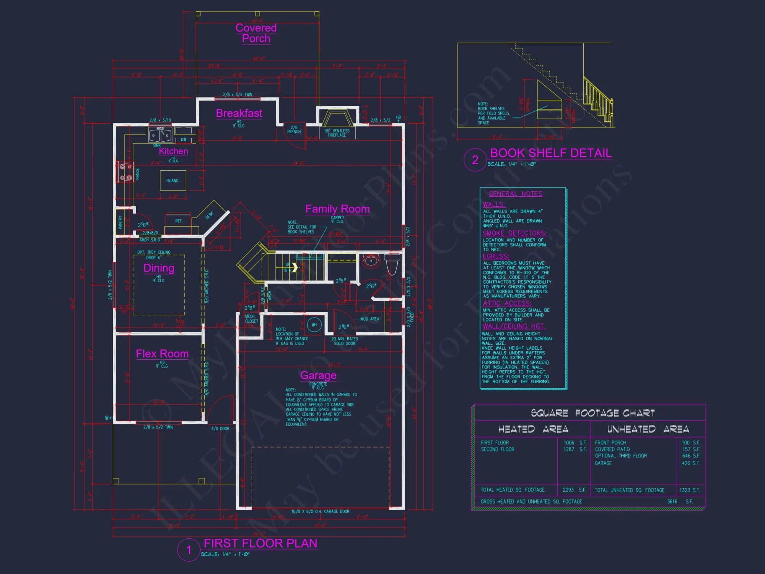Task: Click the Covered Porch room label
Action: click(256, 33)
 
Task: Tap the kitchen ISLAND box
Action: click(173, 181)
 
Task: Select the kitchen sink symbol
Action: click(160, 135)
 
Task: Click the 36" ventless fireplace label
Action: click(337, 133)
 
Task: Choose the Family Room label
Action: click(337, 209)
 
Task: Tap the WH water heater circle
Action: click(314, 325)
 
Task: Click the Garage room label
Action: click(318, 375)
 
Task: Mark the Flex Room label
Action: click(162, 354)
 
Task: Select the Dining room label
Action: click(159, 268)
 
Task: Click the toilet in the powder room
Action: click(392, 264)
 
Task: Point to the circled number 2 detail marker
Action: click(475, 160)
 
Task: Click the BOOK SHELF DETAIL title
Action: click(551, 153)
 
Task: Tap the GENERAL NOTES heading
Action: click(515, 194)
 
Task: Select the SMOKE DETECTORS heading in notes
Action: click(514, 233)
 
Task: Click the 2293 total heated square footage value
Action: click(568, 490)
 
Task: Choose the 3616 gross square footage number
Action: click(672, 501)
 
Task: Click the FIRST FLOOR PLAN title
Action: click(260, 543)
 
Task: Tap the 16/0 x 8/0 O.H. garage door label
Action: click(320, 512)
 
